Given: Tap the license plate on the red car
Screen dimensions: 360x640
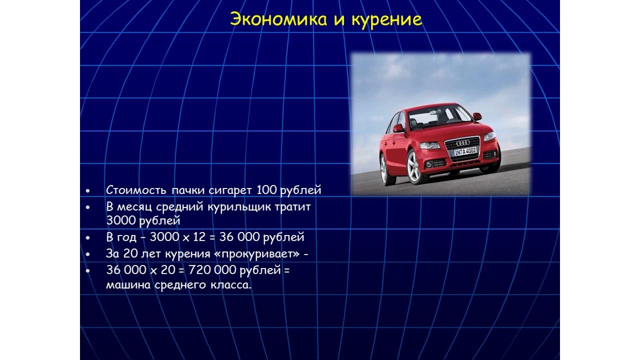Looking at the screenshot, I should click(x=465, y=151).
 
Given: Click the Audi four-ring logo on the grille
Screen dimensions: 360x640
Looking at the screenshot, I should click(x=463, y=143).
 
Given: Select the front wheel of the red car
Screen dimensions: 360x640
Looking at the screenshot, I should click(x=414, y=167).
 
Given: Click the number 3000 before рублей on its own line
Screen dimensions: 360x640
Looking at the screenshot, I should click(x=120, y=220).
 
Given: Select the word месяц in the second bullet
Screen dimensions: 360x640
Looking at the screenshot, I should click(x=135, y=207).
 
